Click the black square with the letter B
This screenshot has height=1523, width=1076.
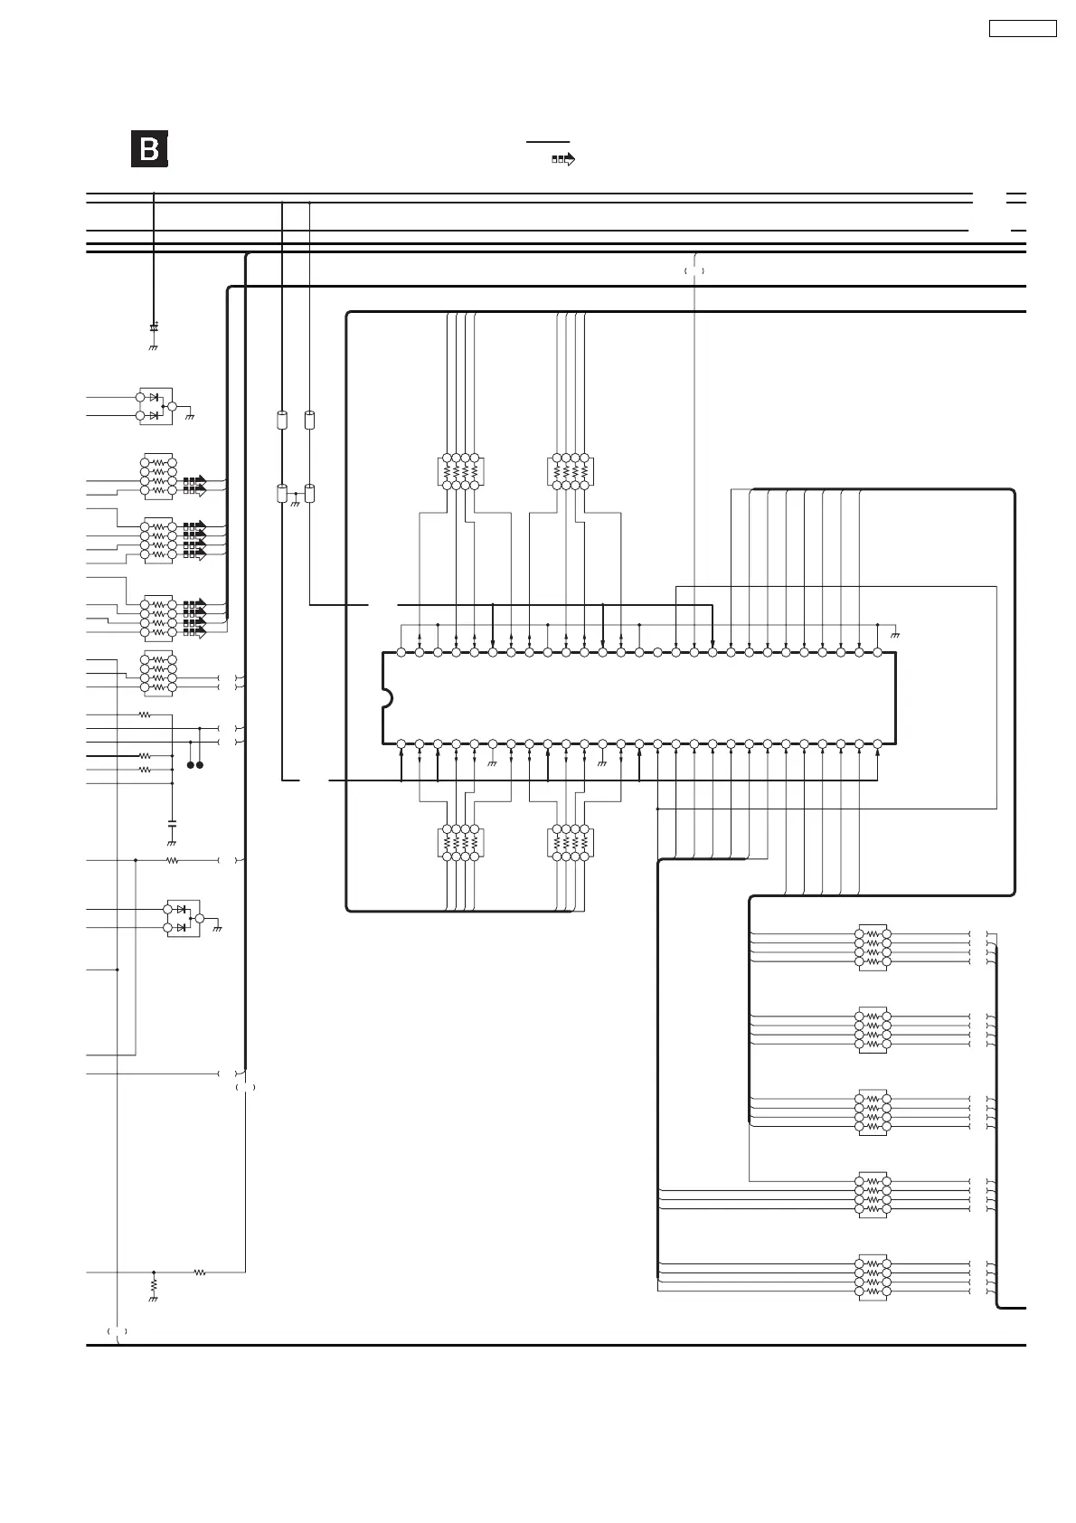click(x=149, y=149)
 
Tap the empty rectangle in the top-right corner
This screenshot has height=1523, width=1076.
click(x=1023, y=28)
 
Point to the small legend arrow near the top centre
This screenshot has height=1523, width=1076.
click(x=563, y=159)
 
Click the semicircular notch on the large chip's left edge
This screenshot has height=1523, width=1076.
click(x=387, y=698)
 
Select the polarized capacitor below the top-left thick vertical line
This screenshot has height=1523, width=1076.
click(x=154, y=326)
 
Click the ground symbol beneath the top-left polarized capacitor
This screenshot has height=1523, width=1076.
click(x=154, y=347)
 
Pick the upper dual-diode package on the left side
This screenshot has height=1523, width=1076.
click(x=156, y=406)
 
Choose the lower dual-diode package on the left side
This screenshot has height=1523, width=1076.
click(x=182, y=918)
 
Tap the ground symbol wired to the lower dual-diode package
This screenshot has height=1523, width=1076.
click(x=217, y=929)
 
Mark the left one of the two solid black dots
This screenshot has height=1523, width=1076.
click(x=191, y=765)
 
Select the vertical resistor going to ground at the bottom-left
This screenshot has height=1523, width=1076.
click(x=154, y=1284)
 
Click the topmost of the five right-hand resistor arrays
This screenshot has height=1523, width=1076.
click(x=873, y=947)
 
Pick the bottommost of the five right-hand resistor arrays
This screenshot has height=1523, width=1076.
click(x=873, y=1277)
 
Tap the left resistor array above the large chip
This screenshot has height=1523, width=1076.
click(x=460, y=471)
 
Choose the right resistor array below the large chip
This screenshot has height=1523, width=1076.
click(x=571, y=842)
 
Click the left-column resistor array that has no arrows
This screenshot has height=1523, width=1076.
click(x=158, y=673)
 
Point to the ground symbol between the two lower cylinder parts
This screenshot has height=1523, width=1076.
click(x=296, y=503)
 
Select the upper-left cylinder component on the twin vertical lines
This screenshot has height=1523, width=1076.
click(x=281, y=420)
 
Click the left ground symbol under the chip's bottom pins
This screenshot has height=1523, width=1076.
click(x=493, y=763)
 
